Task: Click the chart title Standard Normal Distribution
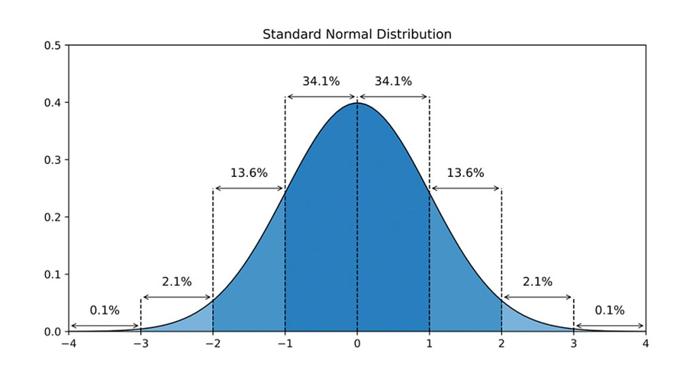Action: [357, 33]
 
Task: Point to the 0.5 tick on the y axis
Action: [52, 46]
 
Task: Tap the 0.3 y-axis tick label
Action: [52, 160]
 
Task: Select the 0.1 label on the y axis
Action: [52, 274]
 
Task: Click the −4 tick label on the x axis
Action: [68, 344]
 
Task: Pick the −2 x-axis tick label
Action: [212, 344]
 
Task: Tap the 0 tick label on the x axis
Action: [357, 344]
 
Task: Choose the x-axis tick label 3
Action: [574, 344]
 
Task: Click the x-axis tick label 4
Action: [646, 344]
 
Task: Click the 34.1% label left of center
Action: [321, 81]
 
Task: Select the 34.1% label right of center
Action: [393, 81]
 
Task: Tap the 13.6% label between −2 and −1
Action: [249, 173]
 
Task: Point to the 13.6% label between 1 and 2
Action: [465, 173]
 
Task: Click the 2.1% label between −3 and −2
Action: [177, 282]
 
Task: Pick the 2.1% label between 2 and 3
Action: [537, 282]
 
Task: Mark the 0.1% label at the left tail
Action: [105, 310]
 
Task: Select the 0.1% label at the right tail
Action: [610, 310]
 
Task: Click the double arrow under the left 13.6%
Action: [249, 189]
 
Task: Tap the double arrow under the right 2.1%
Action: [538, 297]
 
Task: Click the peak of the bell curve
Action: [357, 103]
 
